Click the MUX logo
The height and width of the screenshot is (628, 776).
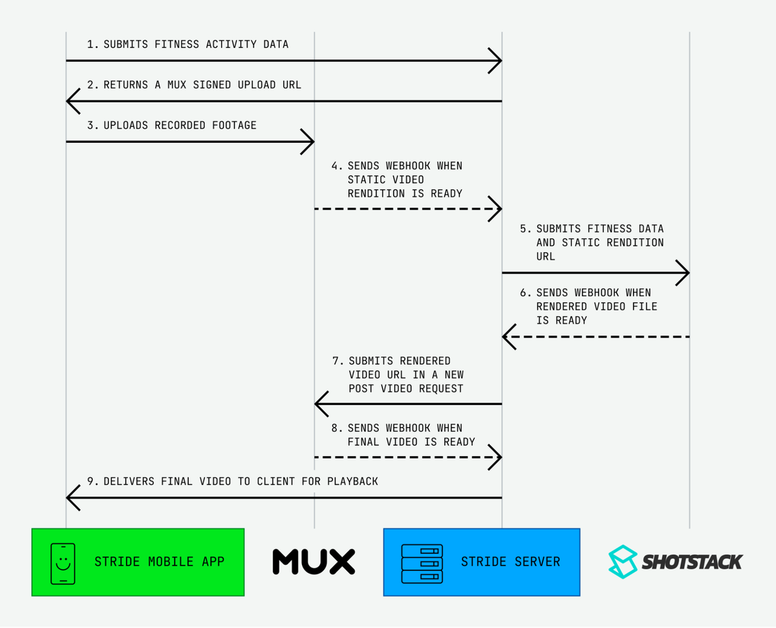click(x=314, y=561)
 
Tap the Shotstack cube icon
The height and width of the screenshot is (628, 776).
click(x=623, y=561)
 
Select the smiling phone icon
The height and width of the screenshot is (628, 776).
click(x=63, y=562)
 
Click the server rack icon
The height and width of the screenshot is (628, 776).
click(x=422, y=562)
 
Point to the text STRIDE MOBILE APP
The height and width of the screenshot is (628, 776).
click(x=159, y=561)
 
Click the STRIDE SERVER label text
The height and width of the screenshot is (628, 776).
click(x=510, y=561)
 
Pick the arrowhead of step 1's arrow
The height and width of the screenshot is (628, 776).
click(x=497, y=61)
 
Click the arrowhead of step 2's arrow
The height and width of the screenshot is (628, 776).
click(x=71, y=101)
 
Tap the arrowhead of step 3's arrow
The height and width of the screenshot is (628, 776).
click(x=309, y=142)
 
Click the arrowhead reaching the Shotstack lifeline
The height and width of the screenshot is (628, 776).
click(x=684, y=273)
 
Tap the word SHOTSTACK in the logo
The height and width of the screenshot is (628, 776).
click(x=692, y=561)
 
